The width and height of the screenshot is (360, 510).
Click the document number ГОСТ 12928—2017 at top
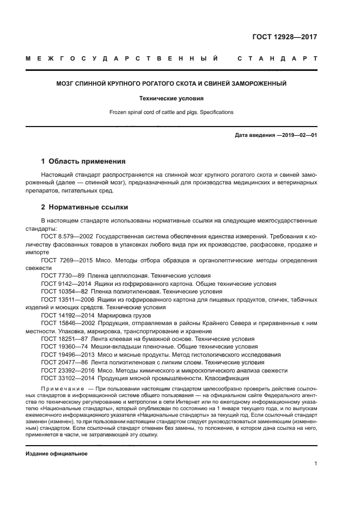tap(285, 38)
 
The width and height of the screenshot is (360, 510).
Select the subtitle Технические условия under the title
tap(172, 99)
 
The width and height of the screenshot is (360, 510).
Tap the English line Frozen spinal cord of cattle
tap(172, 112)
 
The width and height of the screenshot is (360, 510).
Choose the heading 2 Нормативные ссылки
tap(85, 207)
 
